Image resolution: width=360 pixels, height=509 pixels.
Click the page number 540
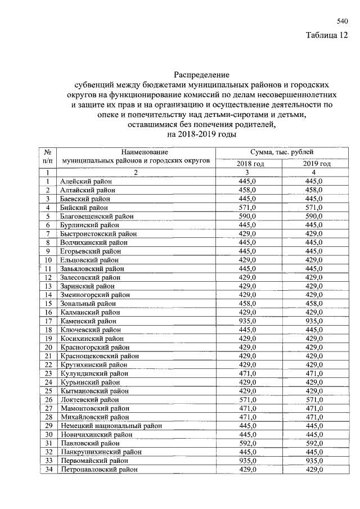(x=342, y=21)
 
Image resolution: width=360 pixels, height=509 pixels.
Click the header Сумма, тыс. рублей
(x=282, y=152)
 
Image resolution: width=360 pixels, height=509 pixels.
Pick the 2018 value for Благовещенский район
(x=247, y=216)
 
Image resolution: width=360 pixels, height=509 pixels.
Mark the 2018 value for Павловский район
(x=247, y=443)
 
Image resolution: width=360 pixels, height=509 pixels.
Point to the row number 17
(x=48, y=321)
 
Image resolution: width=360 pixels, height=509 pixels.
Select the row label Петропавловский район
(x=99, y=469)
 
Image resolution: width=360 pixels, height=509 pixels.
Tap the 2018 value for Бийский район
(x=247, y=207)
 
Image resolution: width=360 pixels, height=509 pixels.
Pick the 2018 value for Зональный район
(x=247, y=303)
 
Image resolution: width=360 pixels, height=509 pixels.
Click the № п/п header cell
(x=48, y=156)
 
